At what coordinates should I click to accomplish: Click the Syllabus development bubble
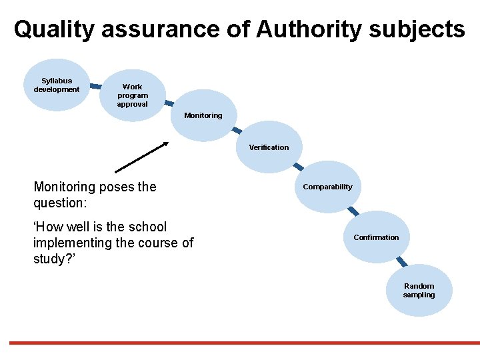coord(57,85)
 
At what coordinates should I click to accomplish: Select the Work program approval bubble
coord(133,95)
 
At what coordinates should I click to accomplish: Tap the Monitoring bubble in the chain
coord(203,115)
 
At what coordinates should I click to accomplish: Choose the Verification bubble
coord(269,147)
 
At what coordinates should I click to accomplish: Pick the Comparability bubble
coord(327,187)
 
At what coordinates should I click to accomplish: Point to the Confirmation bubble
coord(376,237)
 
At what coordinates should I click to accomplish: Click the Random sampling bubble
coord(419,291)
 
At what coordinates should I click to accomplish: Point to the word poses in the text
coord(117,187)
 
